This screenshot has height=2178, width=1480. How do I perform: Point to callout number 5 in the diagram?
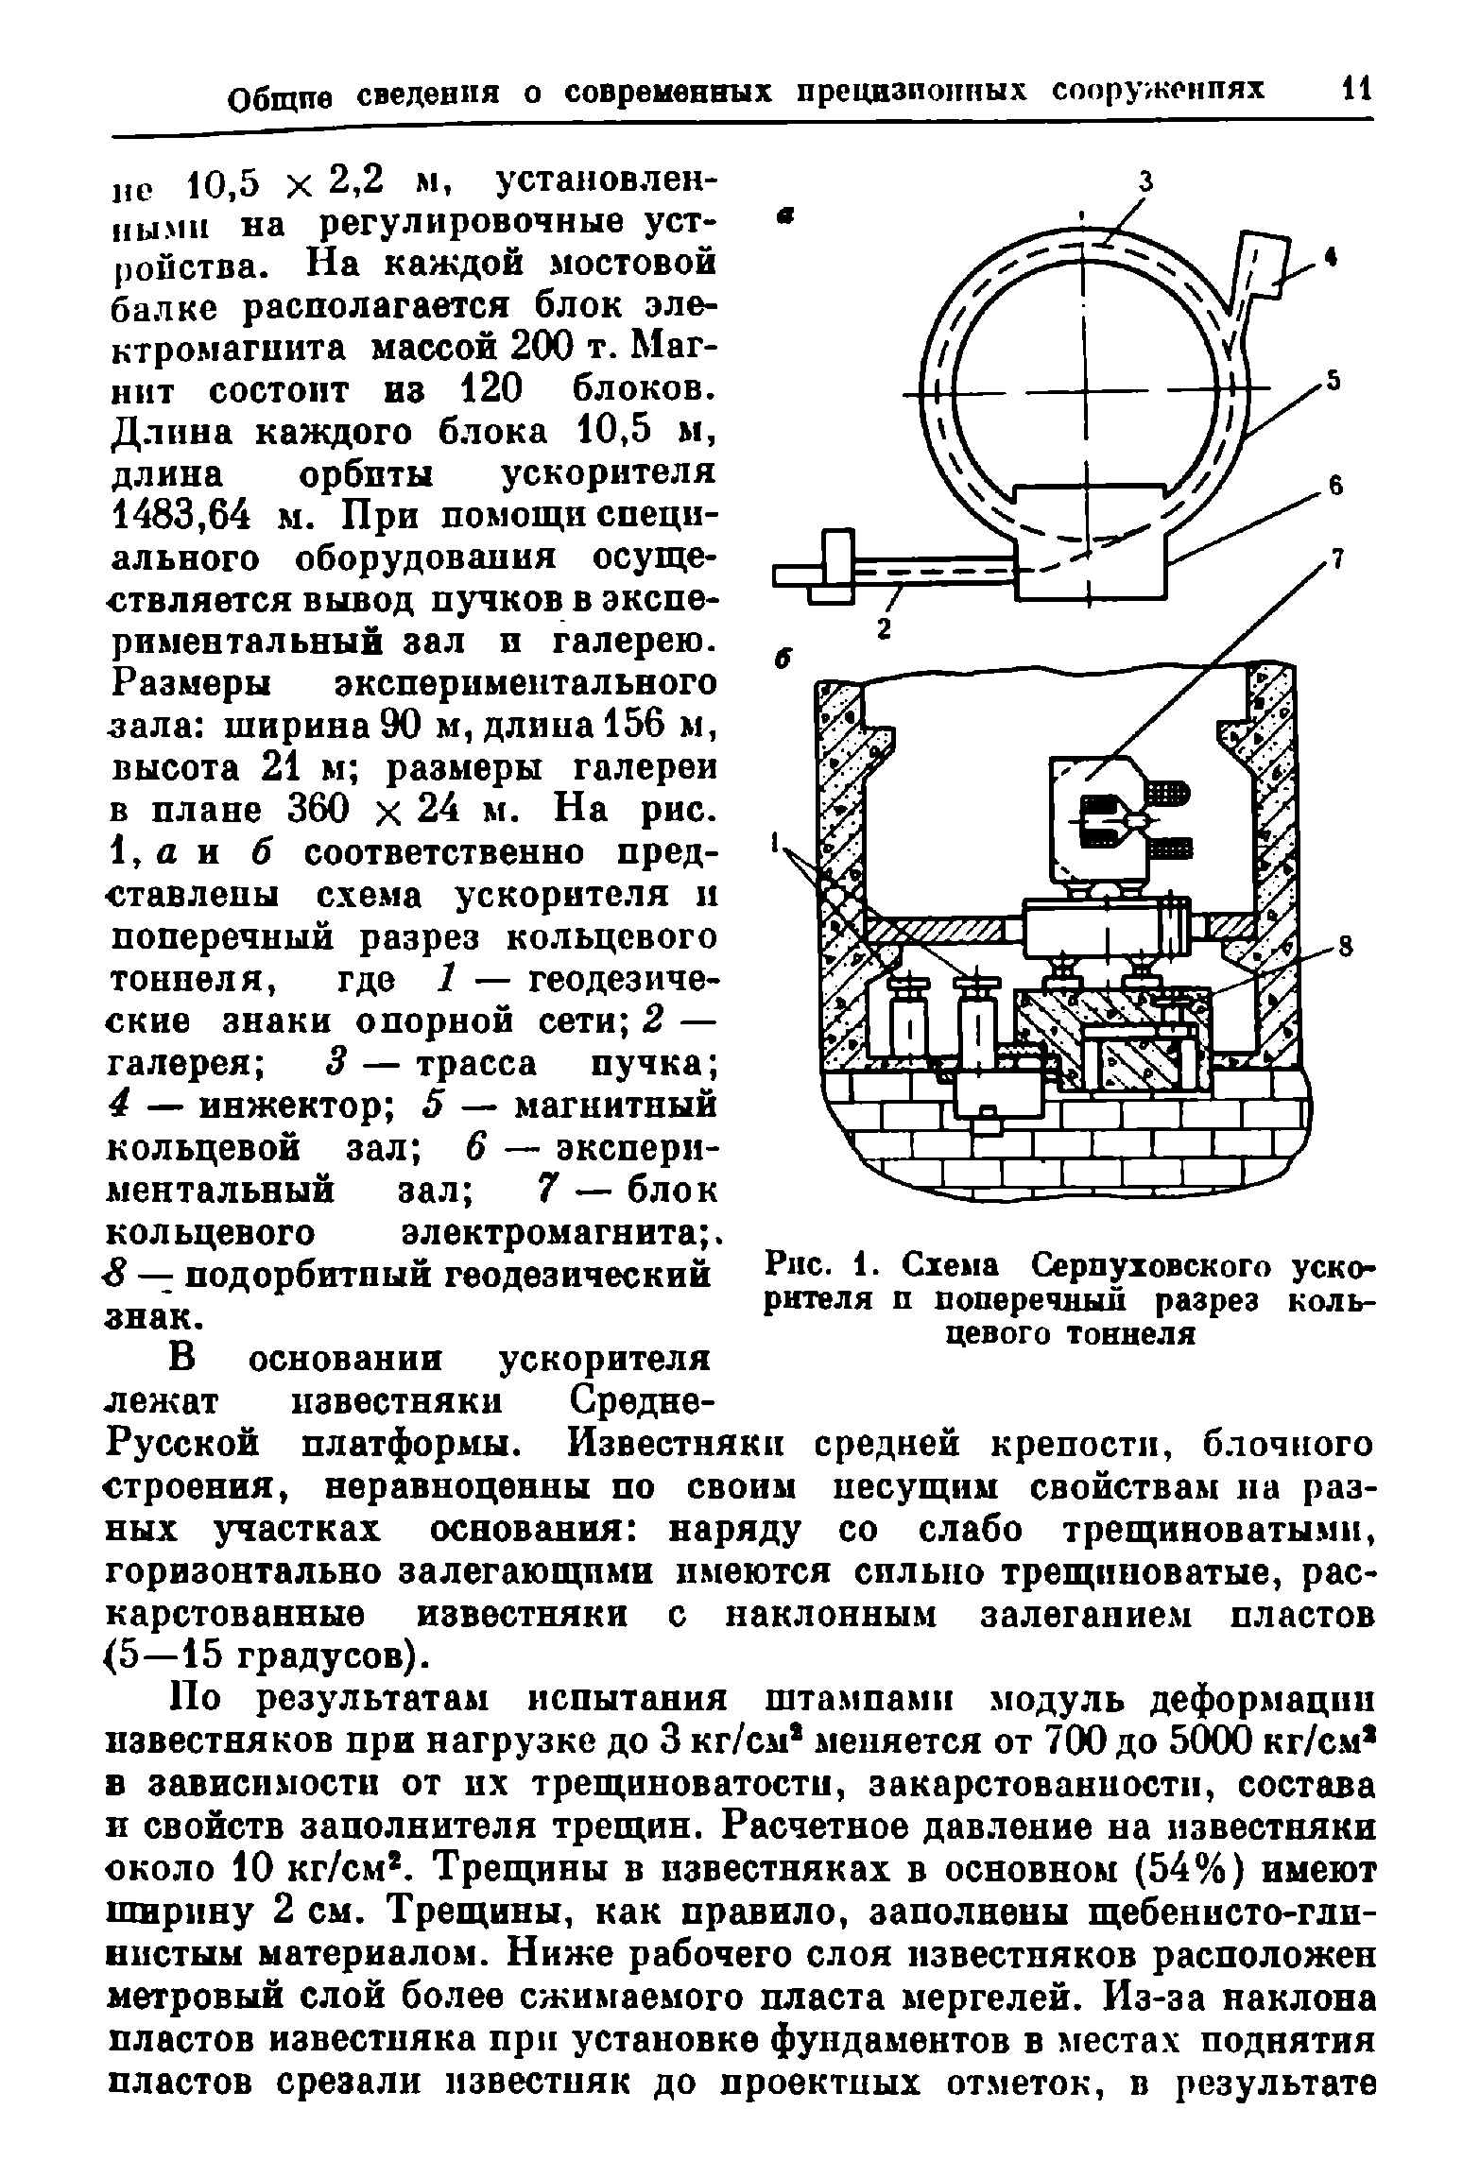tap(1334, 380)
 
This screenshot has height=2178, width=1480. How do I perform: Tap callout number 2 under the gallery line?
tap(883, 631)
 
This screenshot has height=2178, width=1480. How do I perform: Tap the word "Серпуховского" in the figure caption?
tap(1147, 1263)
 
